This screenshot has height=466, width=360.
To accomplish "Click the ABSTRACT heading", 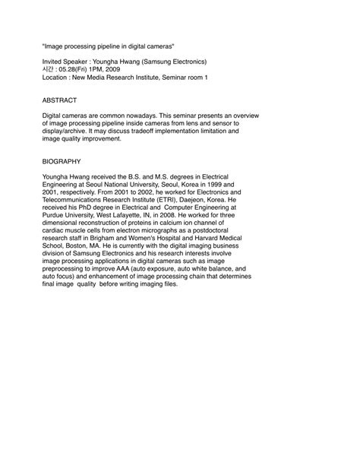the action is coord(62,100).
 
